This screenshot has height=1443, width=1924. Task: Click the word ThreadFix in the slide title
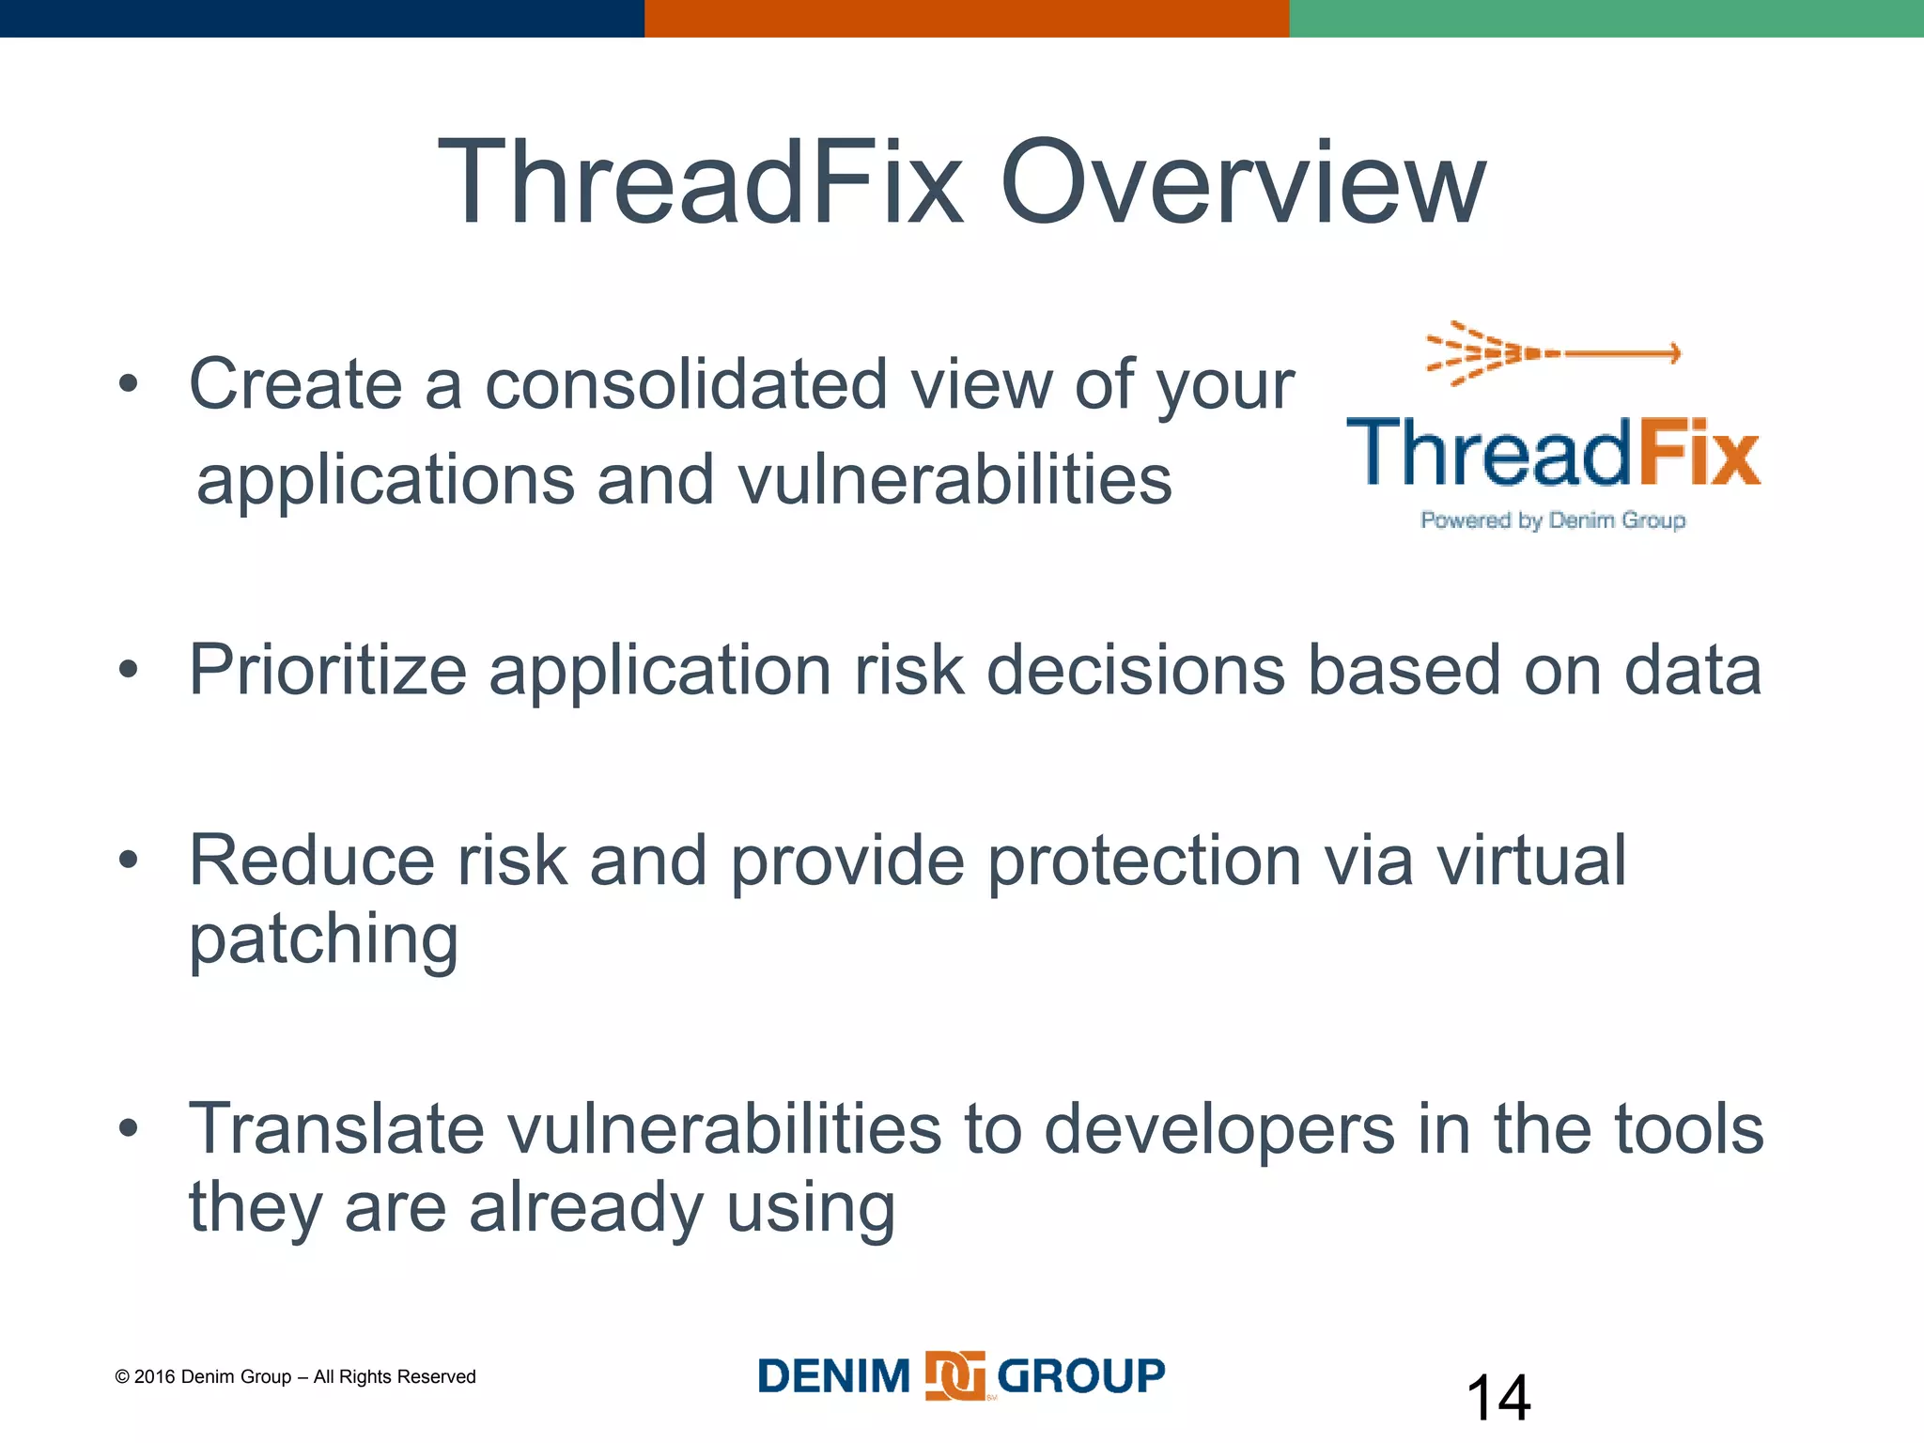point(700,183)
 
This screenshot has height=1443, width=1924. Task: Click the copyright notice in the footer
point(295,1376)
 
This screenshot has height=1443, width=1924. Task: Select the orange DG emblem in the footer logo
point(954,1376)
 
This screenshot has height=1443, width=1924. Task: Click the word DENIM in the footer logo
point(833,1376)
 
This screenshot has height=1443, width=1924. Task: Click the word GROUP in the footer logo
point(1080,1376)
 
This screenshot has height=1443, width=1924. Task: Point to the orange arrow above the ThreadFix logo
point(1554,353)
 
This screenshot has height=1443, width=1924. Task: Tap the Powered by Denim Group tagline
point(1553,520)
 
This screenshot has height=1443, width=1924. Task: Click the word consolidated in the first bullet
point(686,385)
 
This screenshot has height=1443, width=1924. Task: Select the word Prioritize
point(328,671)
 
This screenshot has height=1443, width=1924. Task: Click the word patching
point(323,939)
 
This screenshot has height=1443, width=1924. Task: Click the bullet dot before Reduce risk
point(129,859)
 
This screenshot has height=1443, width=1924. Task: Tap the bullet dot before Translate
point(129,1127)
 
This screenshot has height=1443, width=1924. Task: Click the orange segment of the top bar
point(966,18)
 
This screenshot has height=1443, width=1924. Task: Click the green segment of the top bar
point(1606,18)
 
